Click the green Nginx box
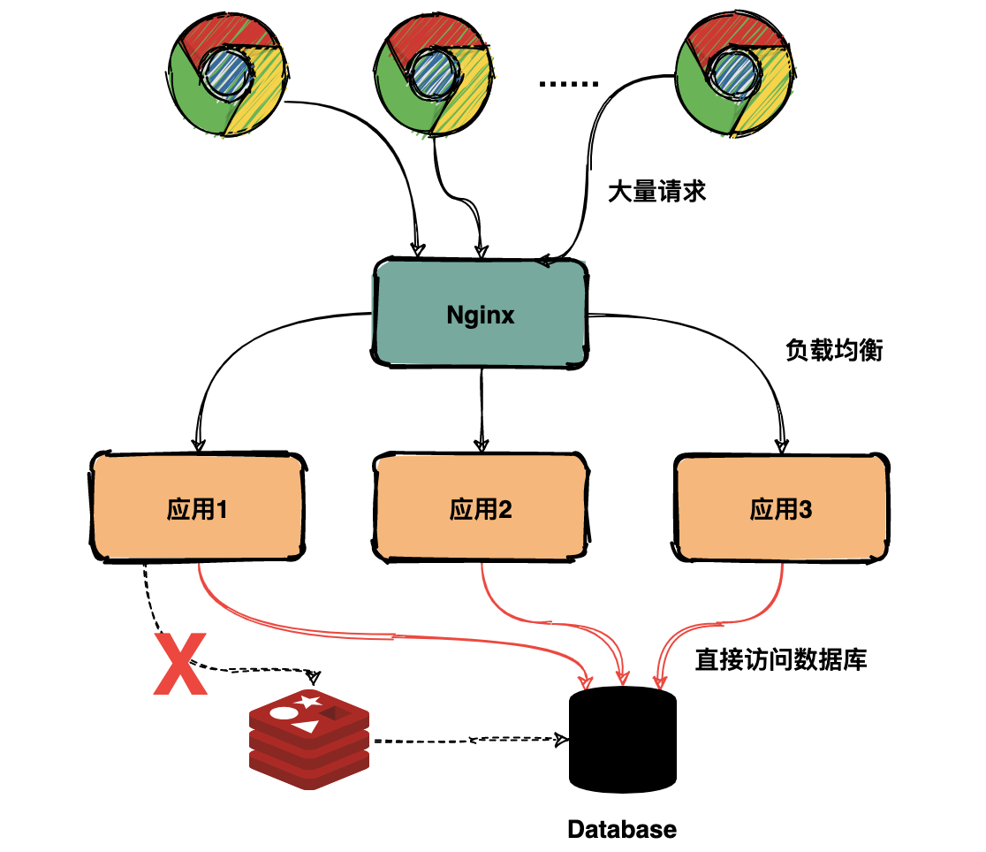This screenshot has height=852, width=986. coord(481,313)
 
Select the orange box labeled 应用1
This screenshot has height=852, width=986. coord(197,506)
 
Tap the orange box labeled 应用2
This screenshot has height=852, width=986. coord(481,507)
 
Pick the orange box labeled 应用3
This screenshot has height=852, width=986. coord(782,508)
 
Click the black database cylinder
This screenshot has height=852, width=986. coord(623,740)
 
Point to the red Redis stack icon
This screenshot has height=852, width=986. coord(308,740)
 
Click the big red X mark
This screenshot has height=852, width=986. coord(180,664)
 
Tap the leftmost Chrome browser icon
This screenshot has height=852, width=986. coord(227,74)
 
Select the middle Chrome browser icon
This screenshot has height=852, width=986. coord(433,74)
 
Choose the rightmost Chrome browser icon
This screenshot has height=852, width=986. coord(734,73)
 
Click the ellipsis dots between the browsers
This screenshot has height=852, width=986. coord(568,84)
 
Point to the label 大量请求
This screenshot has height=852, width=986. coord(656,191)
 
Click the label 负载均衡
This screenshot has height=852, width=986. coord(834,351)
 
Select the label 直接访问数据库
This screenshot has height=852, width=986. coord(781,659)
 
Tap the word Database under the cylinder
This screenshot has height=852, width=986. coord(622,829)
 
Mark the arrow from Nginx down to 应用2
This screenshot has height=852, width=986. coord(482,410)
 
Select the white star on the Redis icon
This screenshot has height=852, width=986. coord(308,701)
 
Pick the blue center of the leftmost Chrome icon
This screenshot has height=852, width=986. coord(227,73)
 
